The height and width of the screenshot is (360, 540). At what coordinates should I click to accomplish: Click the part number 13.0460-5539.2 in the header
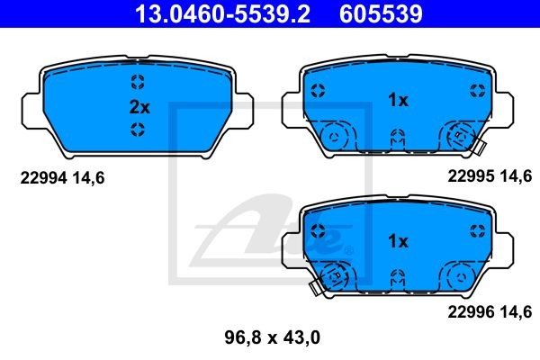click(222, 13)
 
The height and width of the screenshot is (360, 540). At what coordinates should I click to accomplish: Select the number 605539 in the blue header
click(381, 13)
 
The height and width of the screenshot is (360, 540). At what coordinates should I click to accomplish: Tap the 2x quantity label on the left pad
click(139, 107)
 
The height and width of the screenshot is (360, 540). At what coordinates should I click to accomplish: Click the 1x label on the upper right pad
click(398, 100)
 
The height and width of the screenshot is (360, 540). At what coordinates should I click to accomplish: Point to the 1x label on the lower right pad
click(398, 241)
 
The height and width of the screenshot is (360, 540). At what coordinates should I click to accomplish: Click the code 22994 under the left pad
click(43, 178)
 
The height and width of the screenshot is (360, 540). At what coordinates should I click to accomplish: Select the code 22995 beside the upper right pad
click(471, 176)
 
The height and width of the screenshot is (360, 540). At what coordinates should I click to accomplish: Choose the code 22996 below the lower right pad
click(471, 312)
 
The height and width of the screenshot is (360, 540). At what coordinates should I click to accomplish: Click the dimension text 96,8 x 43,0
click(272, 337)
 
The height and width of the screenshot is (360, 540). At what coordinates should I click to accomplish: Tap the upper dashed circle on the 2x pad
click(138, 82)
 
